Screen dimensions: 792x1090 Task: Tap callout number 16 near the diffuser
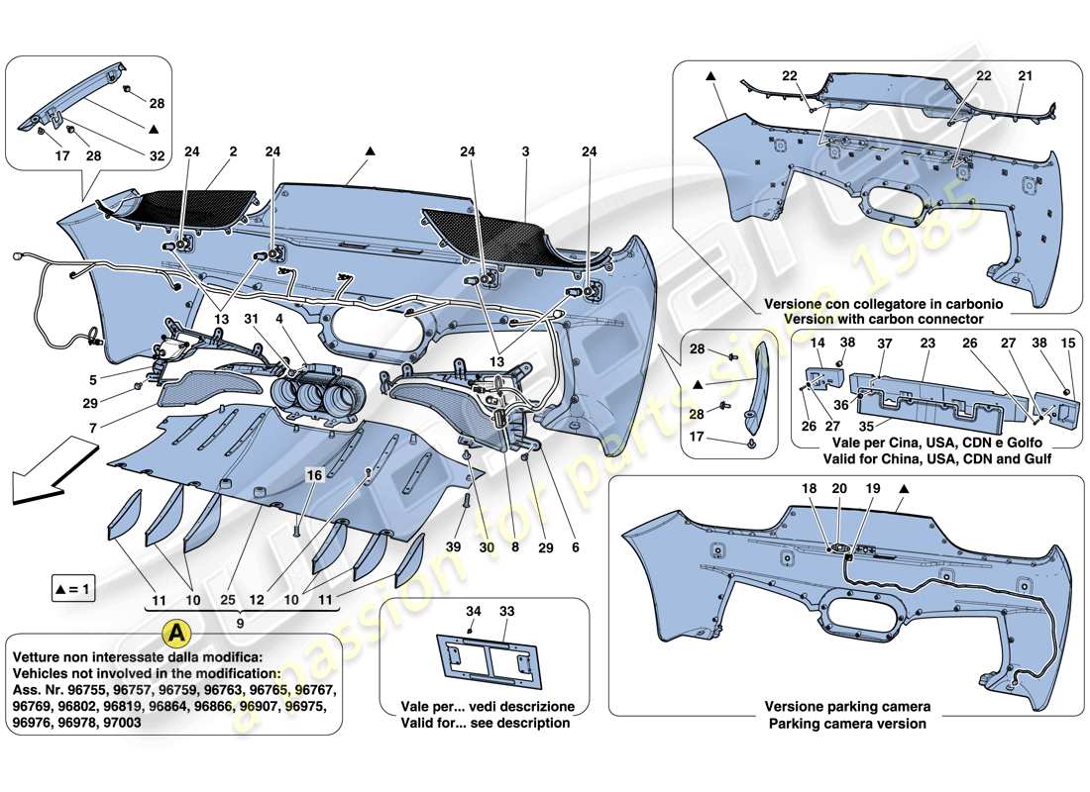(314, 476)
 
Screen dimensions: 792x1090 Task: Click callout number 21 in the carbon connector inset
(1025, 76)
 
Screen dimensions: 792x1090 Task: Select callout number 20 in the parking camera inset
(839, 489)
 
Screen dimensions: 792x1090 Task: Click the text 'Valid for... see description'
(486, 723)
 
